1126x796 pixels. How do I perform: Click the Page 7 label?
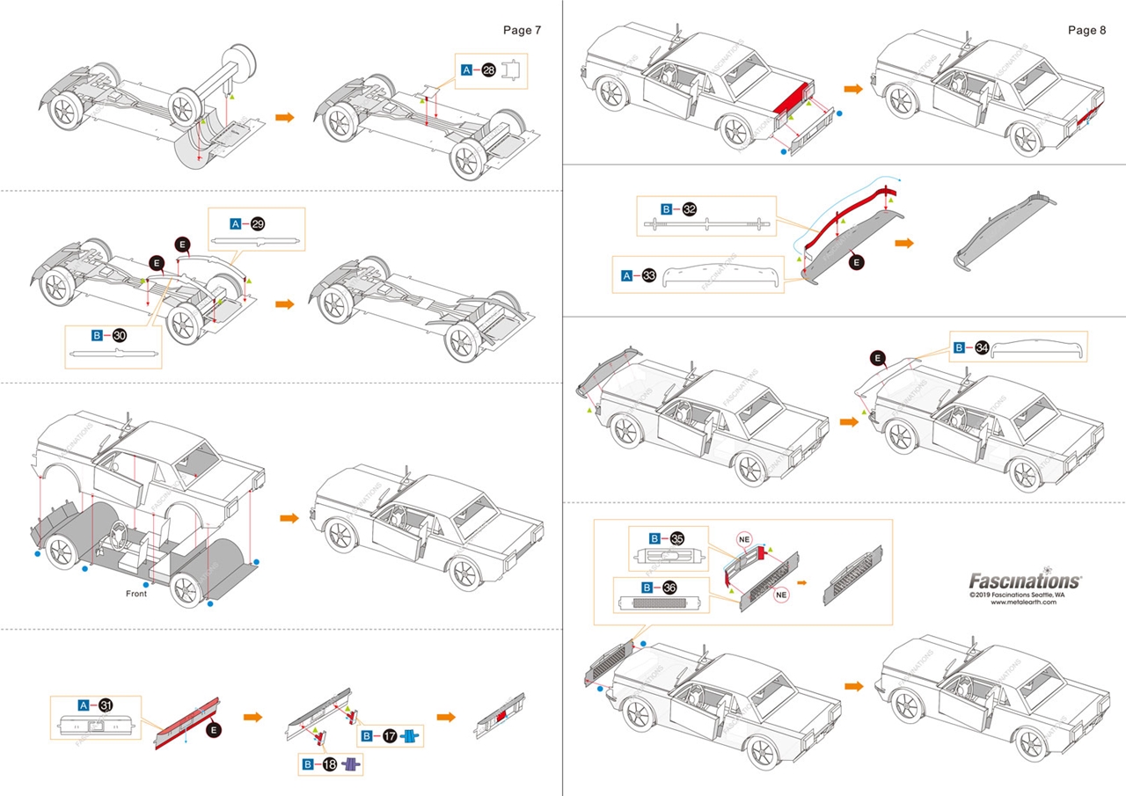(x=522, y=30)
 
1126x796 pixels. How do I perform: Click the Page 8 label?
(x=1086, y=30)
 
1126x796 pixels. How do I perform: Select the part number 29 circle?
(x=258, y=223)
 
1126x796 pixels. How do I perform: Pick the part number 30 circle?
(x=121, y=335)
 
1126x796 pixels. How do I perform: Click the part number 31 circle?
(x=106, y=705)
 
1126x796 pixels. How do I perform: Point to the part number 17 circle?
(x=388, y=736)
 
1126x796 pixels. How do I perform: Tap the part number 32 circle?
(x=690, y=209)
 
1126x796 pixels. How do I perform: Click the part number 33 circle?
(x=649, y=275)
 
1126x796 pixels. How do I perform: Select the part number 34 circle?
(x=982, y=348)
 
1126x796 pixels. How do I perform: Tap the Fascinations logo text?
(x=1025, y=581)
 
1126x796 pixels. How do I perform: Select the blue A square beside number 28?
(x=466, y=69)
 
